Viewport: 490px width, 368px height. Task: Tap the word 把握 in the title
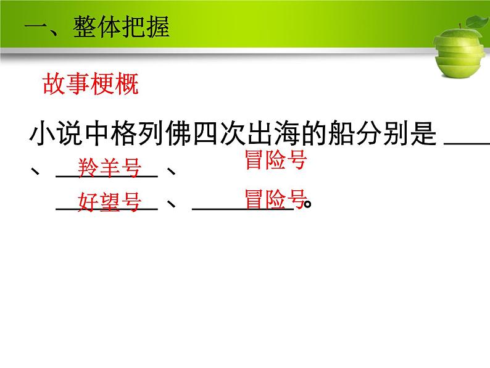(146, 28)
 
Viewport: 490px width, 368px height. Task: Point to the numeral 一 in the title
(35, 28)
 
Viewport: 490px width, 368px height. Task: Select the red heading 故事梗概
(90, 84)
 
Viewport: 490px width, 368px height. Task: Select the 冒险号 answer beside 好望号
(275, 200)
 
